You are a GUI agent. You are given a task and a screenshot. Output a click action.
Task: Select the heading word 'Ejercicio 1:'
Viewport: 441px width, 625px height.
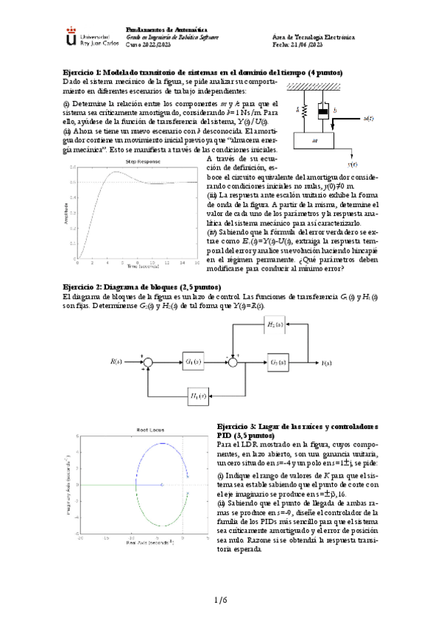point(82,72)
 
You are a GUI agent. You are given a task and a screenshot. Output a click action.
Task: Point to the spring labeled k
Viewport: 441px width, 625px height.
point(303,111)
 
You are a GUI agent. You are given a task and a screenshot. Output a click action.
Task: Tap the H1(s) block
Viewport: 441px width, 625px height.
point(197,397)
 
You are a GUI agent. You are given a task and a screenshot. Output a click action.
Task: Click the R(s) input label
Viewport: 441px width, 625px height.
point(116,361)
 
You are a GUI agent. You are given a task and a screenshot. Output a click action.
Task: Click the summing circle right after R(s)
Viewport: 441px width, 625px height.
point(147,361)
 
